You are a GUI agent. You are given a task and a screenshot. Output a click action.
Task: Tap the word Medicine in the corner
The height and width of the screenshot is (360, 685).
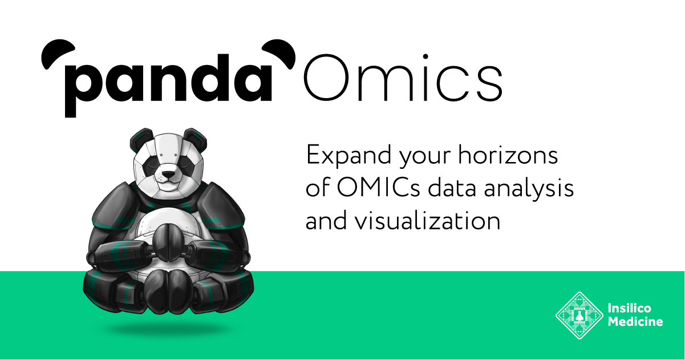(x=635, y=322)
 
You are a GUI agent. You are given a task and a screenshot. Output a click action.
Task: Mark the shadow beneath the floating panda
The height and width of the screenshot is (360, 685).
(x=166, y=329)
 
